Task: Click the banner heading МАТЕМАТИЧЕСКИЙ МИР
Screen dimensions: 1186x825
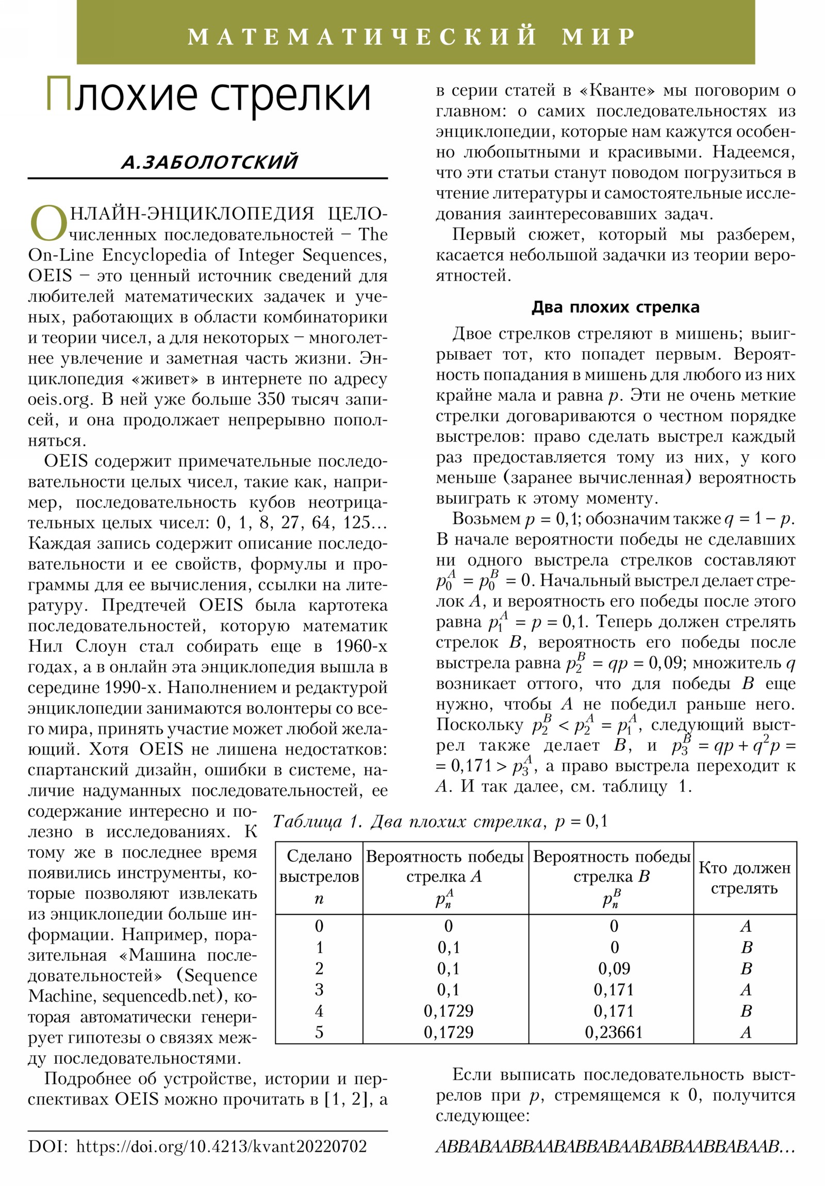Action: pos(411,37)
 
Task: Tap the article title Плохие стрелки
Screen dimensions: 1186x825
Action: pos(208,95)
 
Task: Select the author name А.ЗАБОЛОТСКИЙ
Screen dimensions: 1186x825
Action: pos(209,162)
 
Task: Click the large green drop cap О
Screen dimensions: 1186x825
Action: pos(47,224)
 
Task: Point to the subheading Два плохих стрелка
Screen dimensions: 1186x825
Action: pos(615,307)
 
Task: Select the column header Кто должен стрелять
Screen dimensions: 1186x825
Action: pos(744,878)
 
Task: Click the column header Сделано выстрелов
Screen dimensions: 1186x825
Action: pos(319,866)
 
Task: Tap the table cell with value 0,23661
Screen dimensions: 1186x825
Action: pos(613,1032)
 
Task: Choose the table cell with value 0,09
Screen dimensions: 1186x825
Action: pos(614,968)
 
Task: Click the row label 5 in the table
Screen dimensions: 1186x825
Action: pos(319,1032)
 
